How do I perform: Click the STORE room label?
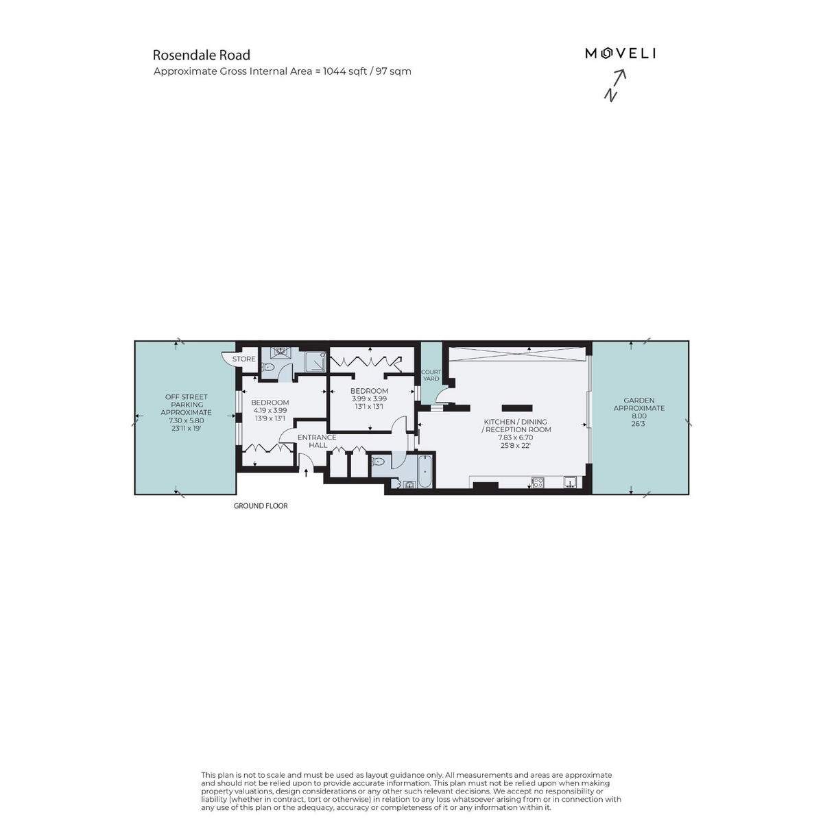pyautogui.click(x=244, y=359)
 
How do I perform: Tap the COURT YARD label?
pyautogui.click(x=431, y=375)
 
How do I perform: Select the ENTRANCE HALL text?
pyautogui.click(x=317, y=441)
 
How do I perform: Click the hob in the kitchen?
pyautogui.click(x=538, y=483)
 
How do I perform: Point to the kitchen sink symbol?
pyautogui.click(x=570, y=482)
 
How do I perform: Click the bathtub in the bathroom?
pyautogui.click(x=425, y=471)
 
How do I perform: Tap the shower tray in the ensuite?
pyautogui.click(x=315, y=363)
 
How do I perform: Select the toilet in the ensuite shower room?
pyautogui.click(x=267, y=366)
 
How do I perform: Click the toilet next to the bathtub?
pyautogui.click(x=378, y=462)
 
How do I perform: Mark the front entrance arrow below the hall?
pyautogui.click(x=306, y=473)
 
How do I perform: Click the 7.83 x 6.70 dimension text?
pyautogui.click(x=516, y=438)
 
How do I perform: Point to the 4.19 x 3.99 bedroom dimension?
pyautogui.click(x=270, y=410)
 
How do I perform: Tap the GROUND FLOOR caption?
pyautogui.click(x=261, y=505)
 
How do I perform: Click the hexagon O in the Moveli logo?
pyautogui.click(x=606, y=53)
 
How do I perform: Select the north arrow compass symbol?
pyautogui.click(x=615, y=86)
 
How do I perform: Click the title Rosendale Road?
pyautogui.click(x=202, y=55)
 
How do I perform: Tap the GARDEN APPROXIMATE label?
pyautogui.click(x=639, y=404)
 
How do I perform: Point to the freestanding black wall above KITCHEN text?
pyautogui.click(x=517, y=408)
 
